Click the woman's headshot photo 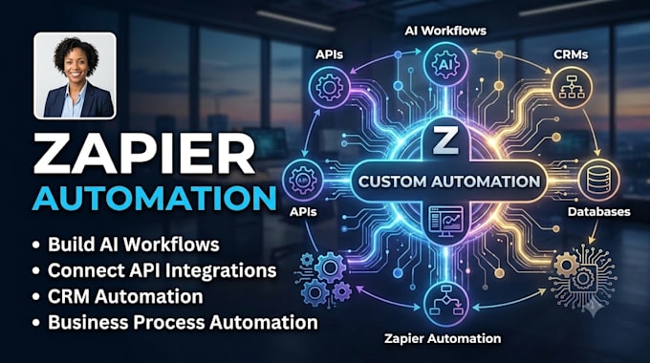75,75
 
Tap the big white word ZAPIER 143,154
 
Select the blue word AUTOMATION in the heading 154,199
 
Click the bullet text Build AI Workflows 134,245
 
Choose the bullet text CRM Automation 125,297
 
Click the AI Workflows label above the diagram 445,31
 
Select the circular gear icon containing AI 446,66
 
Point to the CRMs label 571,54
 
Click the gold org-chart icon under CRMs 572,88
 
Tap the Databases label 598,212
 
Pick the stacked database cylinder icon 598,181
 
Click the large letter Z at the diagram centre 445,140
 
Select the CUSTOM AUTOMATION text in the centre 449,181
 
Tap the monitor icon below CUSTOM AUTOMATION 445,222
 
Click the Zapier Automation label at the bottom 443,338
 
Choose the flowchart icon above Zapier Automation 446,305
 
